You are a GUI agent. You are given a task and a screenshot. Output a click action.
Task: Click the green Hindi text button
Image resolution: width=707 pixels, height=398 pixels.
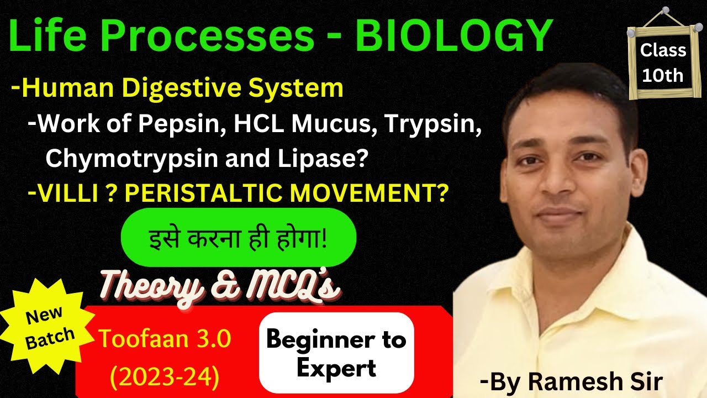click(x=238, y=238)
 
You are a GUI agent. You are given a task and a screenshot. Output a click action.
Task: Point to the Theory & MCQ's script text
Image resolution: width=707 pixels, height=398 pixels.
click(x=218, y=286)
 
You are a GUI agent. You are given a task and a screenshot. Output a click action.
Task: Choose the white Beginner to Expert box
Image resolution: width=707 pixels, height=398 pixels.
click(x=336, y=353)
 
